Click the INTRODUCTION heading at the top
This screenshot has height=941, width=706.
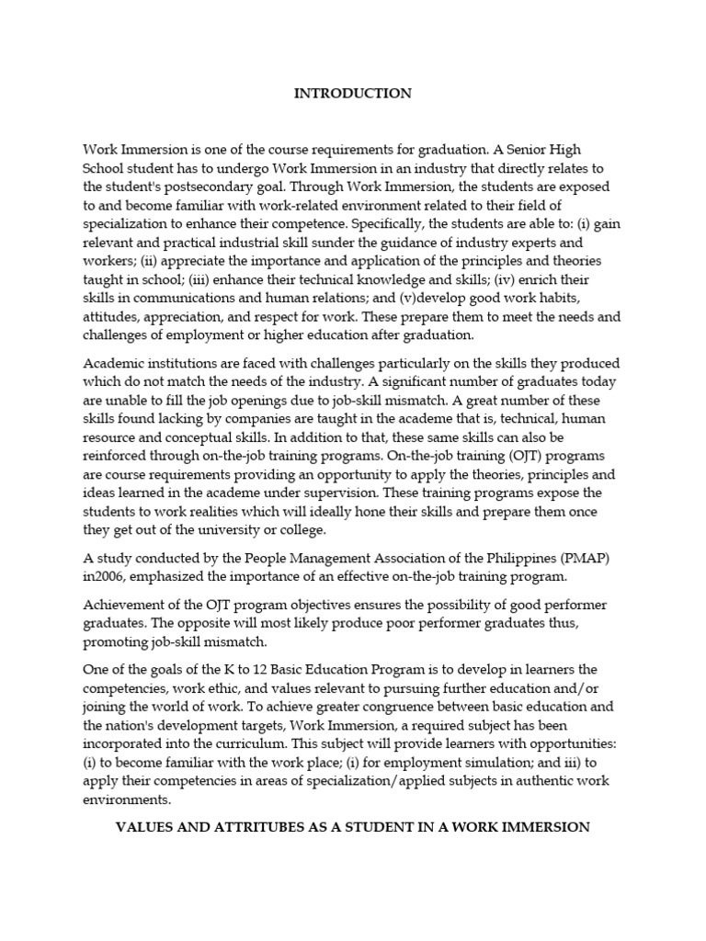352,94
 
